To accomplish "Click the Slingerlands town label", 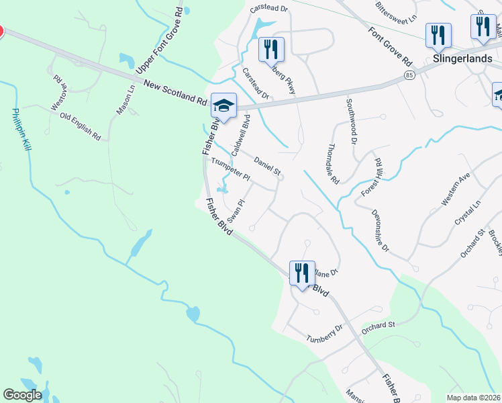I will click(459, 58).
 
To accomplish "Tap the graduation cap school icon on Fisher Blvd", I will click(223, 106).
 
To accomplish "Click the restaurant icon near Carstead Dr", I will click(271, 49).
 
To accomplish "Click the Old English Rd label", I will click(80, 126).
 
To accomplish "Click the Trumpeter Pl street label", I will click(230, 170).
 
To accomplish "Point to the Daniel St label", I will click(267, 166).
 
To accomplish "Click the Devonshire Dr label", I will click(380, 229).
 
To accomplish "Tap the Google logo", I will click(23, 395).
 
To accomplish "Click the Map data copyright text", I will click(474, 398).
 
